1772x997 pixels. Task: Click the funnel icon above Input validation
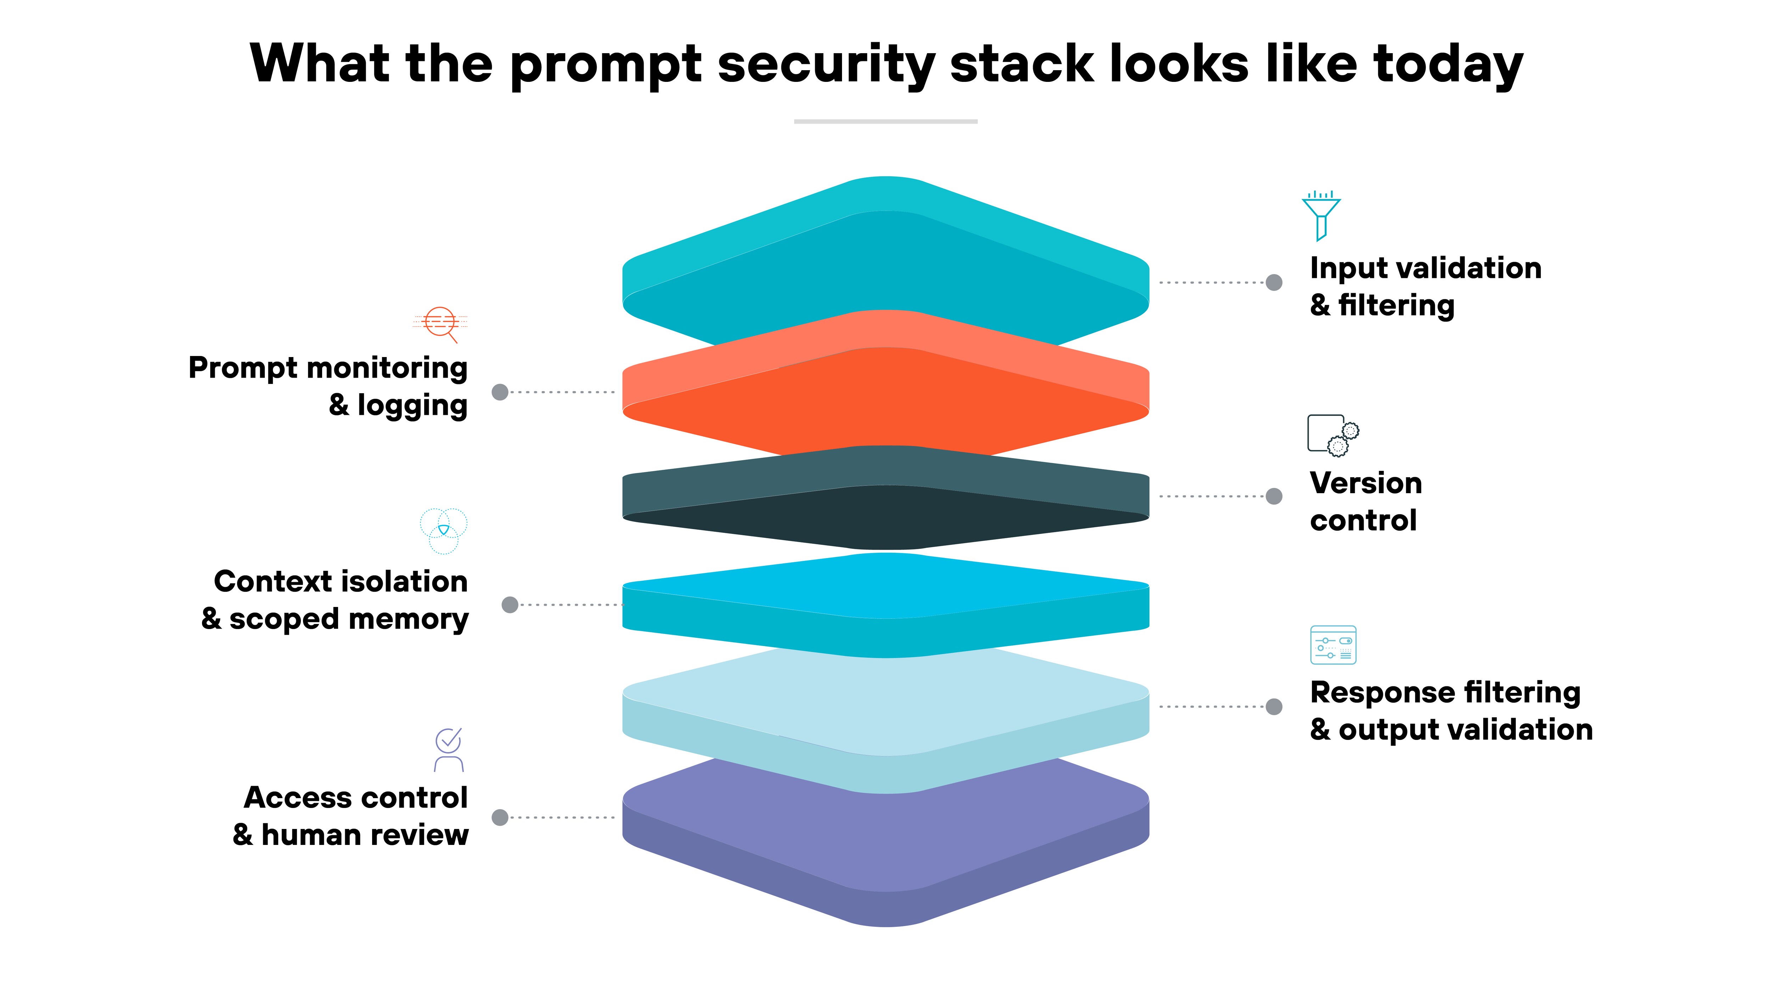(x=1321, y=215)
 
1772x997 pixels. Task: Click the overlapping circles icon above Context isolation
(x=444, y=530)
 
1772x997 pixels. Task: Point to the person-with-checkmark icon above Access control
(x=449, y=750)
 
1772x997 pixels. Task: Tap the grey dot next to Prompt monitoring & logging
(x=500, y=392)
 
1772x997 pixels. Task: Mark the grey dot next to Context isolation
(x=510, y=605)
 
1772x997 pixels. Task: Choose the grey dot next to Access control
(x=500, y=817)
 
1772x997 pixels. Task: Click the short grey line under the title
(x=885, y=121)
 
